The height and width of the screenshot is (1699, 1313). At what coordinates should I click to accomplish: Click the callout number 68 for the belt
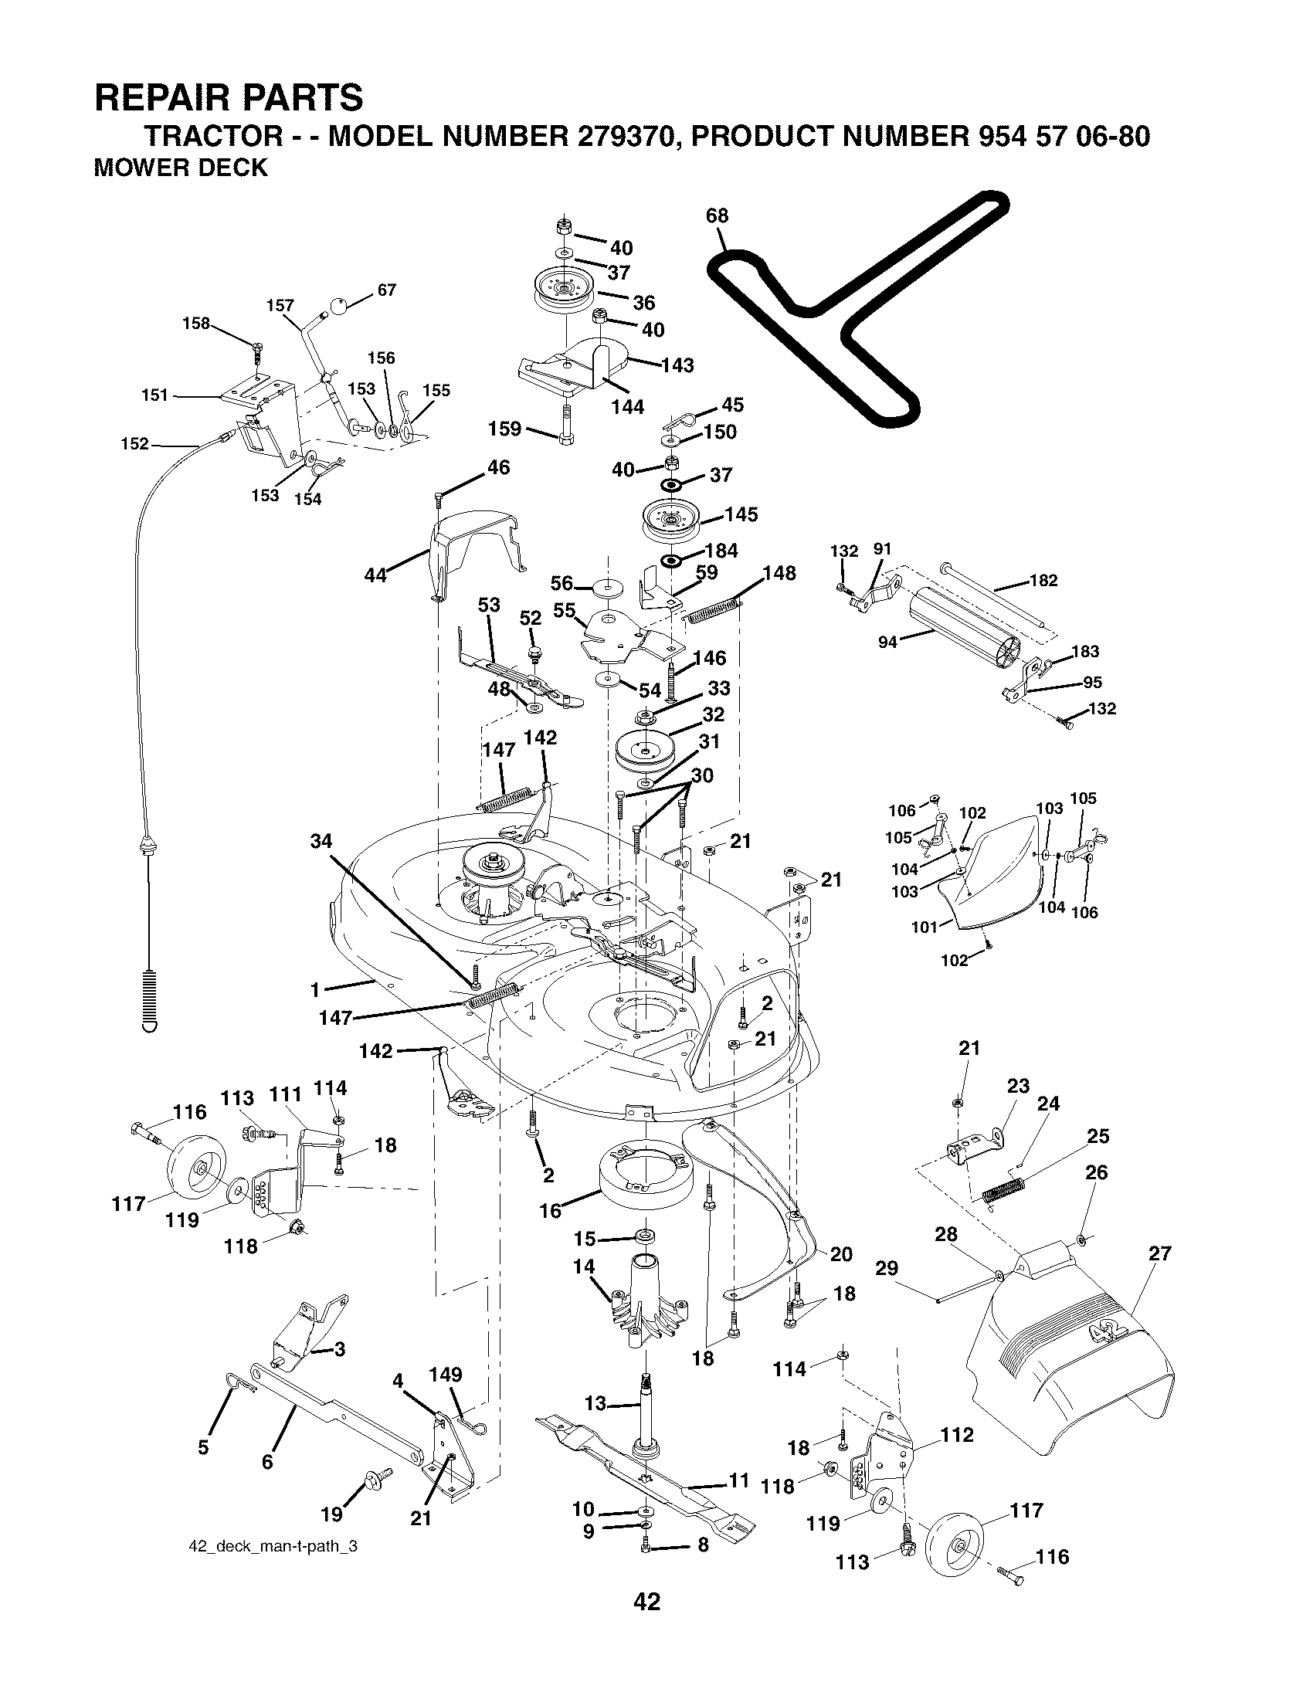tap(717, 215)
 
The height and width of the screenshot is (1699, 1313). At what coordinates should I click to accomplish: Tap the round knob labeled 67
tap(339, 306)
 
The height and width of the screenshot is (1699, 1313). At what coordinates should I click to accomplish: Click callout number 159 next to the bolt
tap(505, 429)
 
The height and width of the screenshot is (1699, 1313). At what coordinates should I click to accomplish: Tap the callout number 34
tap(321, 841)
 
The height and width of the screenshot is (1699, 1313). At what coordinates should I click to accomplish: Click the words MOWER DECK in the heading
tap(180, 168)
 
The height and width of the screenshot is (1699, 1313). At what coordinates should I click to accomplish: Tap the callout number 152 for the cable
tap(135, 444)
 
